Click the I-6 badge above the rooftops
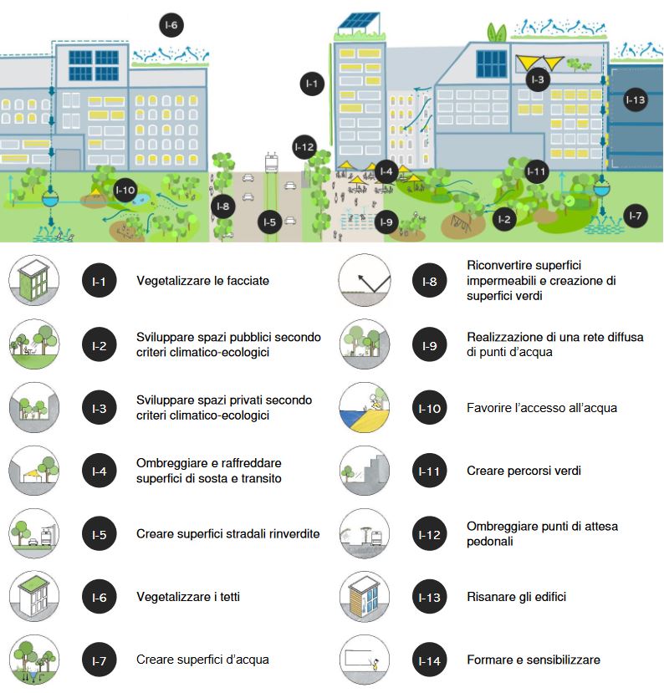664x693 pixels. [171, 25]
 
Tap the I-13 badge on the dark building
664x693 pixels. [636, 100]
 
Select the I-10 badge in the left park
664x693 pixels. [125, 191]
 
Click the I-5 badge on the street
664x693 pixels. [268, 222]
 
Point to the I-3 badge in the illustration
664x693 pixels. [538, 79]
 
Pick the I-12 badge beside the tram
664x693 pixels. [304, 147]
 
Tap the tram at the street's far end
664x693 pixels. [271, 161]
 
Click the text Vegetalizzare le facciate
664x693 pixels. [202, 281]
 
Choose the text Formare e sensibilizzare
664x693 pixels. [534, 660]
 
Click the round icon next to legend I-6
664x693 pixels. [33, 597]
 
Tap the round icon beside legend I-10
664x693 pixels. [365, 408]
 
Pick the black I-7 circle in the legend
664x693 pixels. [99, 660]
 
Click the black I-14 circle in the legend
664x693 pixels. [428, 660]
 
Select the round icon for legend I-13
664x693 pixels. [365, 597]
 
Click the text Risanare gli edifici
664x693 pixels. [516, 597]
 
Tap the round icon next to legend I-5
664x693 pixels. [33, 533]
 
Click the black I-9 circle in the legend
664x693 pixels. [428, 344]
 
